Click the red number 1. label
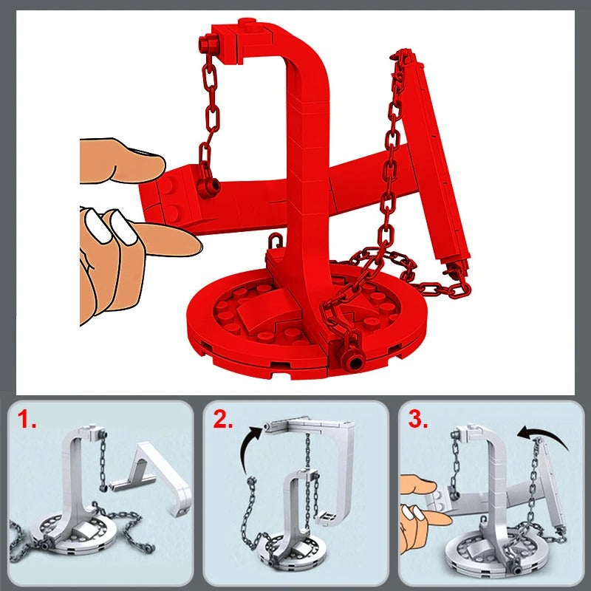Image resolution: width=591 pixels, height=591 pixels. [x=27, y=420]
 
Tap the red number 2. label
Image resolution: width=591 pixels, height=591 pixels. [x=223, y=420]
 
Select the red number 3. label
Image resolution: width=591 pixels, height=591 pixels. [x=418, y=420]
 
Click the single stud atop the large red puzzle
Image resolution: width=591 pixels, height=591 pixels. [x=247, y=22]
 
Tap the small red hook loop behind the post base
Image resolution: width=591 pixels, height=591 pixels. [x=275, y=241]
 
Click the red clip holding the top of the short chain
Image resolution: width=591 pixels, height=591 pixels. [x=209, y=44]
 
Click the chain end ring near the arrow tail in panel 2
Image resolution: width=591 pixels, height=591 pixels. [x=251, y=481]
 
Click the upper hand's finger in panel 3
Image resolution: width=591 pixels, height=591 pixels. [x=418, y=485]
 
